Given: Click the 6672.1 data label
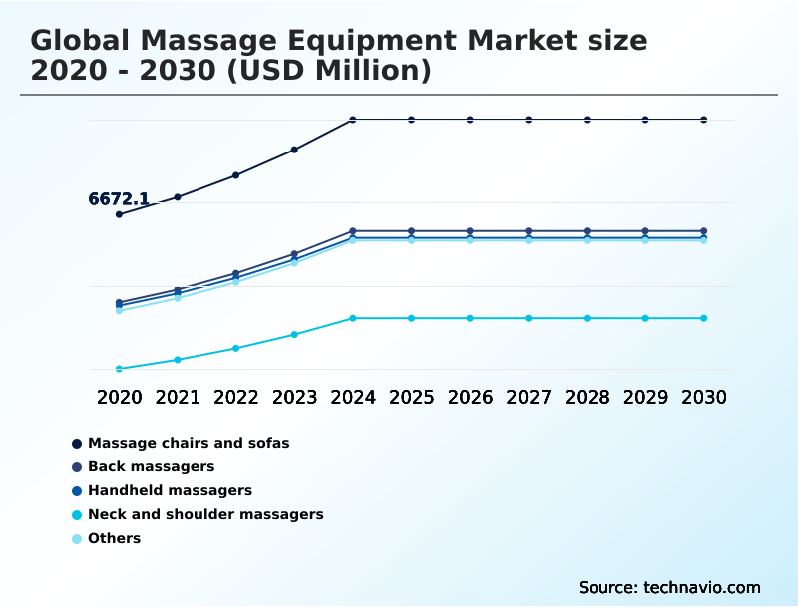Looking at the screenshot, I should point(119,199).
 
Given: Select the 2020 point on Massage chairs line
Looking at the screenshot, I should point(119,214).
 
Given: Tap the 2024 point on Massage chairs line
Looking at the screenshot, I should point(353,120).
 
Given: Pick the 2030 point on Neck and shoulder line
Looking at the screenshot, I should point(703,318).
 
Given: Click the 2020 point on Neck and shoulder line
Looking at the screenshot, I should point(119,369).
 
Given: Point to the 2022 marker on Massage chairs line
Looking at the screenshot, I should point(235,175).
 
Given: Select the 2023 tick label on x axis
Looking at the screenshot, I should point(294,397).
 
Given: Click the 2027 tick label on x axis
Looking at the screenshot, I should point(528,397).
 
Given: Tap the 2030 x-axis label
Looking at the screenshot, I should point(703,397).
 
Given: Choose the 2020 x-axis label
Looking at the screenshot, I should point(119,397).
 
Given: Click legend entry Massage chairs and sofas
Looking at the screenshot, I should point(189,443).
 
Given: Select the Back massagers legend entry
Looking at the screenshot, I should point(151,466).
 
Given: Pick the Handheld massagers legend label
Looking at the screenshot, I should point(170,490).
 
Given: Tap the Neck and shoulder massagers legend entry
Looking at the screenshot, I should point(205,514).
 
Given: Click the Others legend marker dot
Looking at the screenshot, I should point(77,538).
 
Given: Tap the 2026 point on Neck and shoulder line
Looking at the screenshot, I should point(470,318).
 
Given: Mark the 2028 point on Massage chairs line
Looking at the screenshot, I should point(587,120).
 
